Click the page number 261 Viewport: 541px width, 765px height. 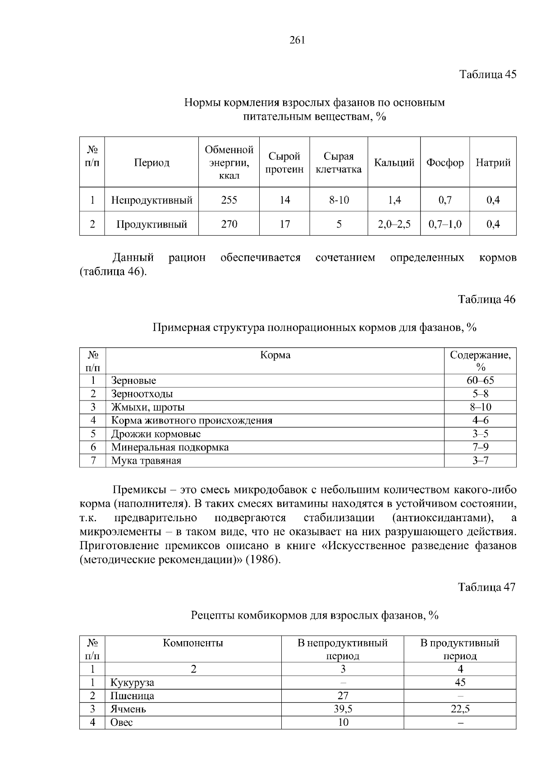tap(297, 40)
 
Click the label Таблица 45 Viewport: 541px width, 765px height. tap(487, 74)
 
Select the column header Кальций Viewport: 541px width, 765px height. tap(394, 163)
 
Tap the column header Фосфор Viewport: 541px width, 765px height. tap(445, 163)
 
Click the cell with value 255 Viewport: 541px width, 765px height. tap(229, 200)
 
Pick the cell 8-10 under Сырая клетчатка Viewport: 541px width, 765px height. tap(339, 200)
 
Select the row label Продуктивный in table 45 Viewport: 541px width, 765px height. tap(151, 224)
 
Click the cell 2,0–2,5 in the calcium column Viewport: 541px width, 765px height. tap(394, 224)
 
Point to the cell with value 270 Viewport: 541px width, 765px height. tap(229, 224)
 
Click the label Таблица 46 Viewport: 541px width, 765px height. tap(486, 299)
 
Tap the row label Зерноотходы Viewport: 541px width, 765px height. tap(142, 394)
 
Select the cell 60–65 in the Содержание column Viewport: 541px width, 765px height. tap(480, 380)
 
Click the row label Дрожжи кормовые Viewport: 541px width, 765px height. tap(156, 434)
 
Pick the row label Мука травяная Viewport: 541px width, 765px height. tap(146, 460)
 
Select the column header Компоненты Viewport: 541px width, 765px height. tap(193, 643)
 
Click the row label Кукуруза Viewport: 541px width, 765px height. tap(132, 682)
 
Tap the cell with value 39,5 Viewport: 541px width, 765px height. tap(343, 709)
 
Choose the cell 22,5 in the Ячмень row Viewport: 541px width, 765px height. tap(460, 709)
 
